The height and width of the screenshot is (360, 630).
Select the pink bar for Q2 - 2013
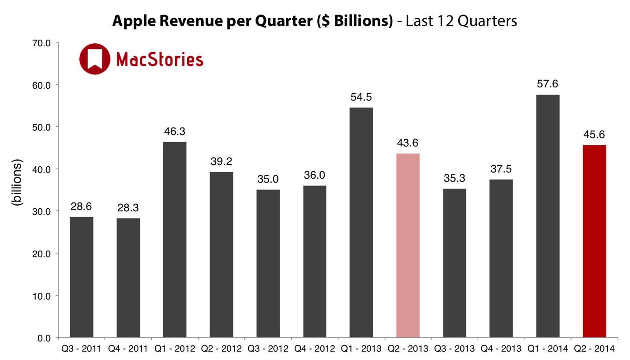(x=408, y=245)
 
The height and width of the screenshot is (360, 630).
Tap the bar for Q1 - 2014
(x=547, y=216)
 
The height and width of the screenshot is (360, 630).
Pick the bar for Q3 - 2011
(x=82, y=277)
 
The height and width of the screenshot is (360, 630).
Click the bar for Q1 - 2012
(x=175, y=240)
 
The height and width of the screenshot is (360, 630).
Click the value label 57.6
(x=547, y=84)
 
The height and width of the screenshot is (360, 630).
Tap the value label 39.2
(x=221, y=162)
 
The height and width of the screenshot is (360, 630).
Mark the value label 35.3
(x=454, y=179)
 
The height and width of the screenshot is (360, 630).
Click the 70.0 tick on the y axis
(x=41, y=43)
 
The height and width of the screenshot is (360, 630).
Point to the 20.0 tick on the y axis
(x=41, y=254)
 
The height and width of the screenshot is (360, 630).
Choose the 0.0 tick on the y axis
(x=44, y=338)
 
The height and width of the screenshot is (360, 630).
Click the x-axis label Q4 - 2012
(x=315, y=349)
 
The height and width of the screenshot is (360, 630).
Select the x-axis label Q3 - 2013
(x=454, y=349)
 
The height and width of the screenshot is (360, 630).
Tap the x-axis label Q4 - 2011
(x=128, y=349)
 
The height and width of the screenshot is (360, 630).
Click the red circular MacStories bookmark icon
(x=95, y=59)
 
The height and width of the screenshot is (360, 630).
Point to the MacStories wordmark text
(x=159, y=59)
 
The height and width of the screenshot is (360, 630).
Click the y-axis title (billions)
(x=17, y=182)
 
